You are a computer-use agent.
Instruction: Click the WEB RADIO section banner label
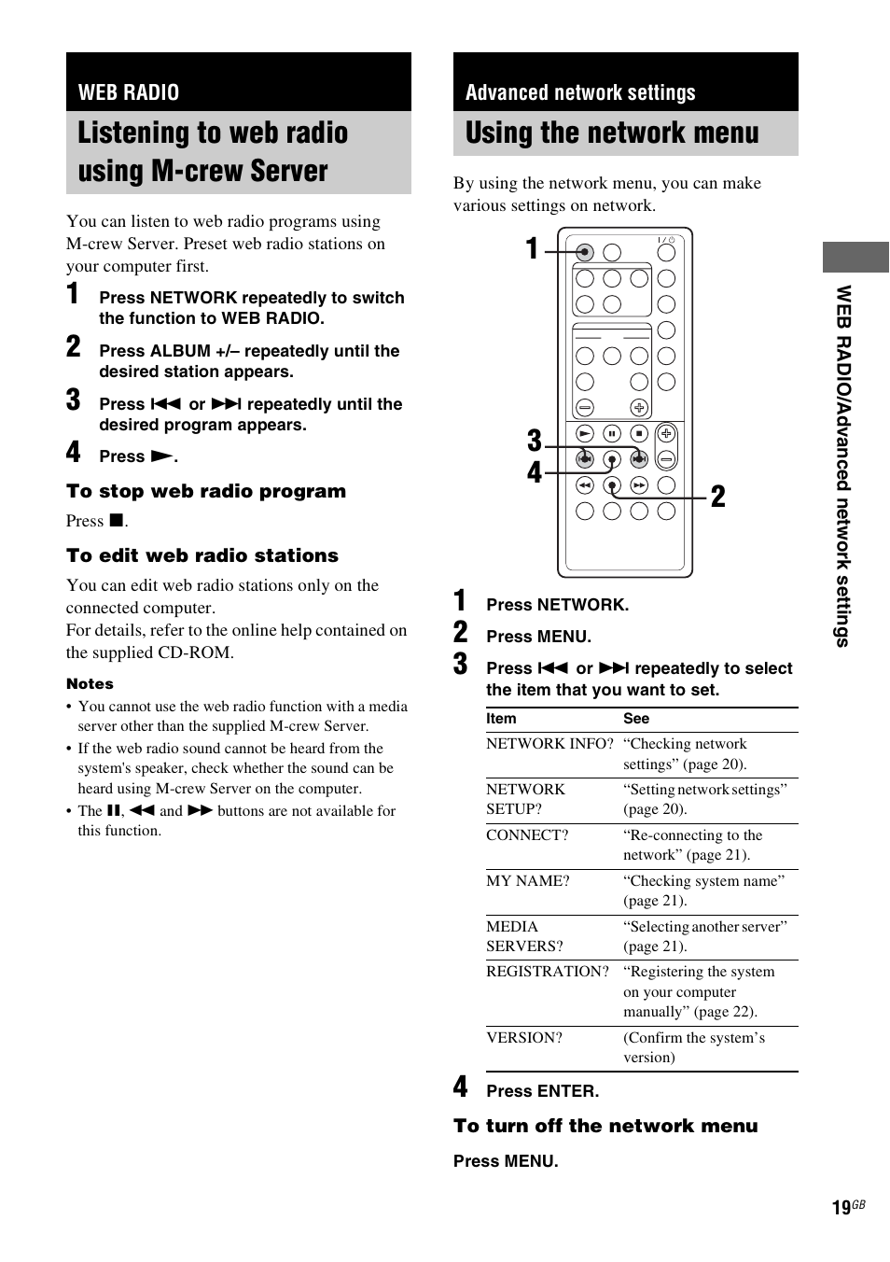[x=129, y=92]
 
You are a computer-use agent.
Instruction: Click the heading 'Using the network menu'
[x=612, y=133]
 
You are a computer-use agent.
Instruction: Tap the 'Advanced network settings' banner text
[x=580, y=92]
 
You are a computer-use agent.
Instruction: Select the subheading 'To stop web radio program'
[x=206, y=491]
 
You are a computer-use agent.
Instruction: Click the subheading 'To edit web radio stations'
[x=202, y=555]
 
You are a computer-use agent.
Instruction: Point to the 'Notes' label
[x=90, y=683]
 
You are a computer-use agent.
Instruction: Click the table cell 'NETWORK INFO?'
[x=549, y=744]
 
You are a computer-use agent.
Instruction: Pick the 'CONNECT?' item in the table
[x=527, y=835]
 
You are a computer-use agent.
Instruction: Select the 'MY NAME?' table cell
[x=527, y=881]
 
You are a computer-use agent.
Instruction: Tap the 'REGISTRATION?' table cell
[x=548, y=972]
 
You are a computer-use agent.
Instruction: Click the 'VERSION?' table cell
[x=524, y=1038]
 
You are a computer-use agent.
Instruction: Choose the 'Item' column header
[x=501, y=719]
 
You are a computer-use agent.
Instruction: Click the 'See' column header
[x=636, y=719]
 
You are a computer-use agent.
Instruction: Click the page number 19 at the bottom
[x=841, y=1208]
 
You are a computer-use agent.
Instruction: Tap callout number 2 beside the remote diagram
[x=717, y=497]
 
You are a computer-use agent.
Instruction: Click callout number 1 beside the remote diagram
[x=532, y=249]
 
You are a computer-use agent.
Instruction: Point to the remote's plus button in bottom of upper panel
[x=639, y=407]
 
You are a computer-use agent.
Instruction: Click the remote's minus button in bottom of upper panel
[x=585, y=407]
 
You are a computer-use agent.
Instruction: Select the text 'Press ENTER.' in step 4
[x=543, y=1091]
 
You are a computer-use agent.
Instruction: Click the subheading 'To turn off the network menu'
[x=605, y=1126]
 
